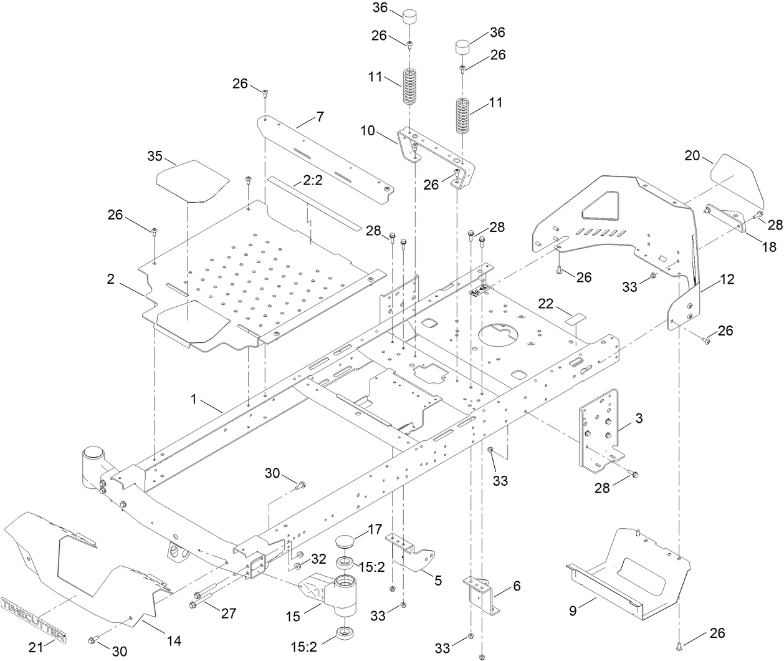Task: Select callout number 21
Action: coord(37,647)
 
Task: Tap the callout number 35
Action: coord(155,155)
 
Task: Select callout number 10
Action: coord(368,131)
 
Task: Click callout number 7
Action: coord(320,116)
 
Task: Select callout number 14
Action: coord(175,640)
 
